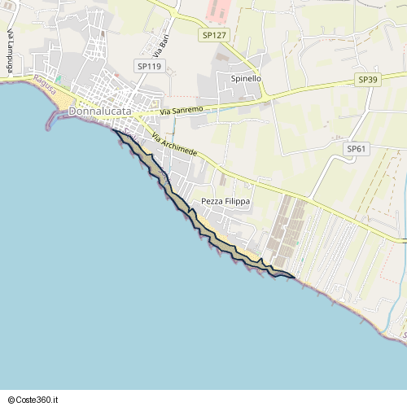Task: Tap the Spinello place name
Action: (246, 79)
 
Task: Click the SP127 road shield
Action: (213, 35)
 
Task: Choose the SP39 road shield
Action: (368, 80)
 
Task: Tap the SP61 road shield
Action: (357, 148)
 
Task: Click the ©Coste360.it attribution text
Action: (33, 400)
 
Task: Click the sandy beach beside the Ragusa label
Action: (62, 98)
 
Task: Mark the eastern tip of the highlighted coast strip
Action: (293, 277)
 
